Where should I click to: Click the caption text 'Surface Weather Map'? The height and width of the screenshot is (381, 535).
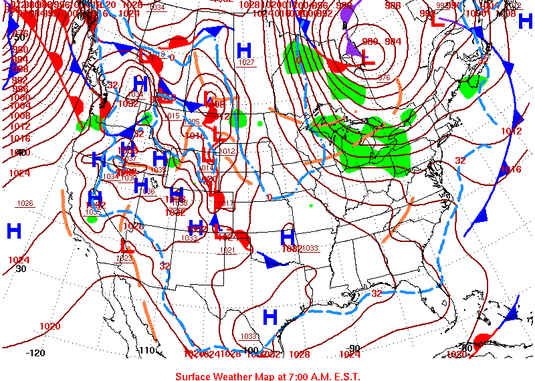227,376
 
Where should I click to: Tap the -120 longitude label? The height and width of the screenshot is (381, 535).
36,352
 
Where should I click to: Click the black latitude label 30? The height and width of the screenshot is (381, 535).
21,269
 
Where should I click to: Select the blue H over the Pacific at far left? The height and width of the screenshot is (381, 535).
14,231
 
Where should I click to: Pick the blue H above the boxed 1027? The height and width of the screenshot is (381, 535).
244,49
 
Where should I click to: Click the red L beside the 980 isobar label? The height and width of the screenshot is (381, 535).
367,59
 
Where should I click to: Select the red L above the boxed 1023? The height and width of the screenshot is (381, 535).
127,246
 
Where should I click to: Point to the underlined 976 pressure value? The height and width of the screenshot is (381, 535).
384,78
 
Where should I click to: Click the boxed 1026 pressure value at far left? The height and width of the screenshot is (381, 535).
25,203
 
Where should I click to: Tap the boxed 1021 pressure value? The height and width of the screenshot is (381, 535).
228,250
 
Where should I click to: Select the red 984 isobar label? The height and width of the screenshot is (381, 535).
394,41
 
